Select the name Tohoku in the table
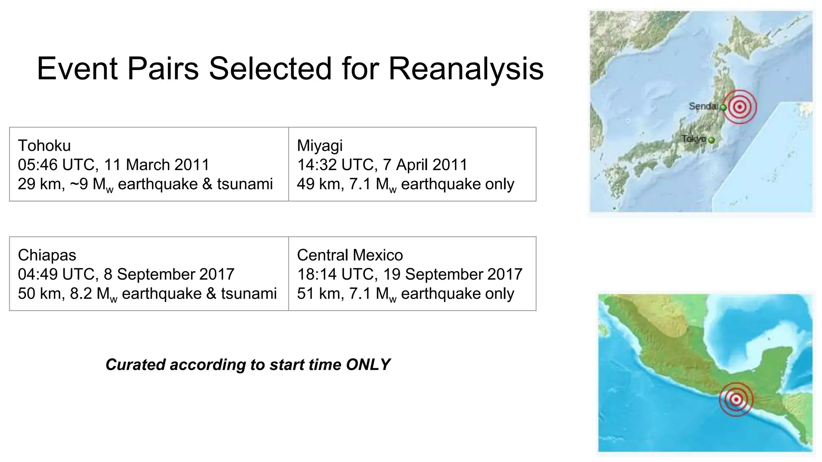click(x=44, y=146)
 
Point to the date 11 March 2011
click(x=157, y=165)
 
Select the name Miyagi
click(x=319, y=146)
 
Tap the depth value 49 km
click(x=319, y=184)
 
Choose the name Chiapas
click(x=47, y=255)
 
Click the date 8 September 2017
click(x=169, y=274)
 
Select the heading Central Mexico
click(x=350, y=255)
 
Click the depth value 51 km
click(x=319, y=294)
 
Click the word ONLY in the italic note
click(x=368, y=365)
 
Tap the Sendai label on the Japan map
click(x=703, y=106)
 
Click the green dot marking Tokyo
click(x=712, y=140)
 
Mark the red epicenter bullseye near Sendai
click(x=740, y=107)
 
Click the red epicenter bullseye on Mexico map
click(x=736, y=399)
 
